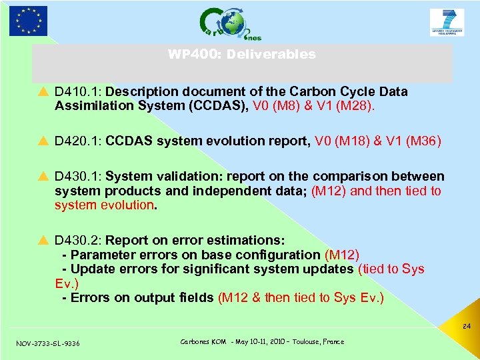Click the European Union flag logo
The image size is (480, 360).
coord(28,20)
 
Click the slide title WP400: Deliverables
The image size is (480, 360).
coord(242,55)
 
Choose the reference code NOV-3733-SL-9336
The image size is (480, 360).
coord(48,343)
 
